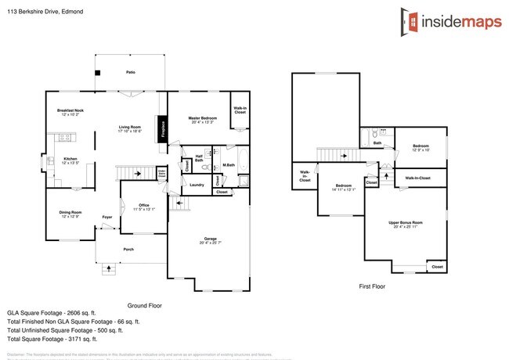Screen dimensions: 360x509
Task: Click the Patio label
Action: [130, 72]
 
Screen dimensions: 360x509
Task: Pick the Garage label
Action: [211, 240]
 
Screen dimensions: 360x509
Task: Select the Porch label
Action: [128, 249]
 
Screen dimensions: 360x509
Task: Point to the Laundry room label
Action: [197, 185]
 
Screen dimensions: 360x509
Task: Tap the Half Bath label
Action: [199, 158]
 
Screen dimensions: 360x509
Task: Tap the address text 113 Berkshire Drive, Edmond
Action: [46, 12]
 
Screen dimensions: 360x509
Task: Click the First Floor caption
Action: [371, 287]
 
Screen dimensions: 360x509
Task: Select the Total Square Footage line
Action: [52, 339]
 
